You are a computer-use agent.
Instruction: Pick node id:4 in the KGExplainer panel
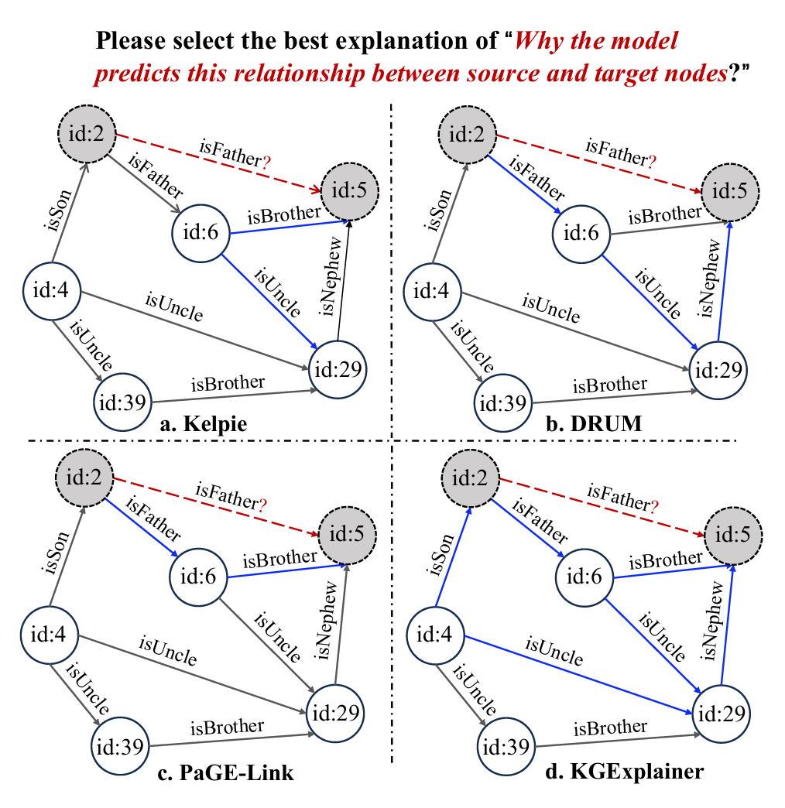click(x=434, y=636)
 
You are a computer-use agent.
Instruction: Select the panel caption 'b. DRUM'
click(x=590, y=424)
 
